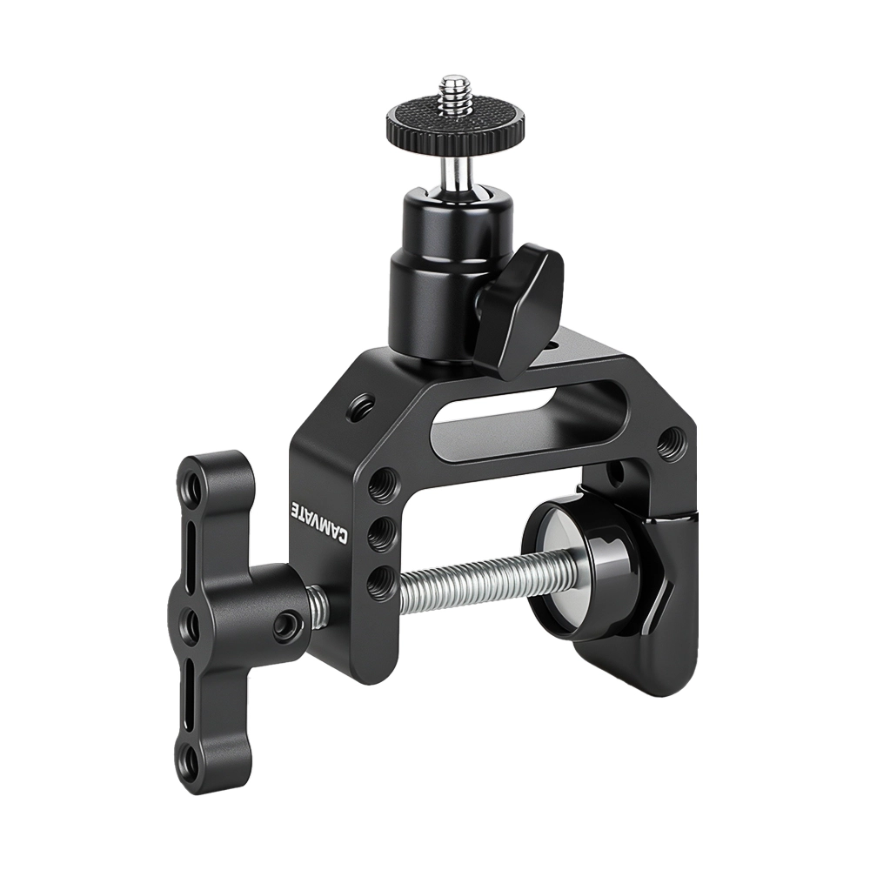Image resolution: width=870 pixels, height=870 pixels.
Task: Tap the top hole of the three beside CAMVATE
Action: pos(379,485)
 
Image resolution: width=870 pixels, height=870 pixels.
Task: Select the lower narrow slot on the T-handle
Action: pos(192,696)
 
